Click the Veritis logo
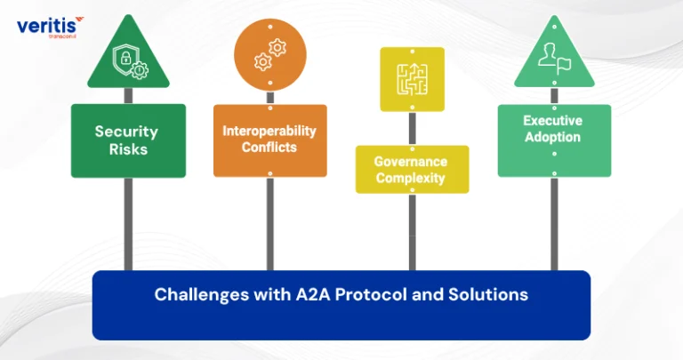click(50, 28)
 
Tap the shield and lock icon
click(130, 62)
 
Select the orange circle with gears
click(270, 55)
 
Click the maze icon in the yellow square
click(412, 79)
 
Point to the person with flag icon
click(554, 59)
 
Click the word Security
click(126, 132)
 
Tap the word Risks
click(128, 149)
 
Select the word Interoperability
click(269, 131)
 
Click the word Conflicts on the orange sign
click(269, 148)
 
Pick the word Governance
click(410, 162)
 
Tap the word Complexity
click(410, 178)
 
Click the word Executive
click(552, 120)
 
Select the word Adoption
click(552, 137)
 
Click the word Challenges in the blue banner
click(202, 295)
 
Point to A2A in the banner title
click(313, 294)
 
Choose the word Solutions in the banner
click(488, 294)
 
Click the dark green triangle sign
click(128, 54)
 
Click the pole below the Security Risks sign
click(128, 224)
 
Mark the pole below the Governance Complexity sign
click(412, 232)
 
